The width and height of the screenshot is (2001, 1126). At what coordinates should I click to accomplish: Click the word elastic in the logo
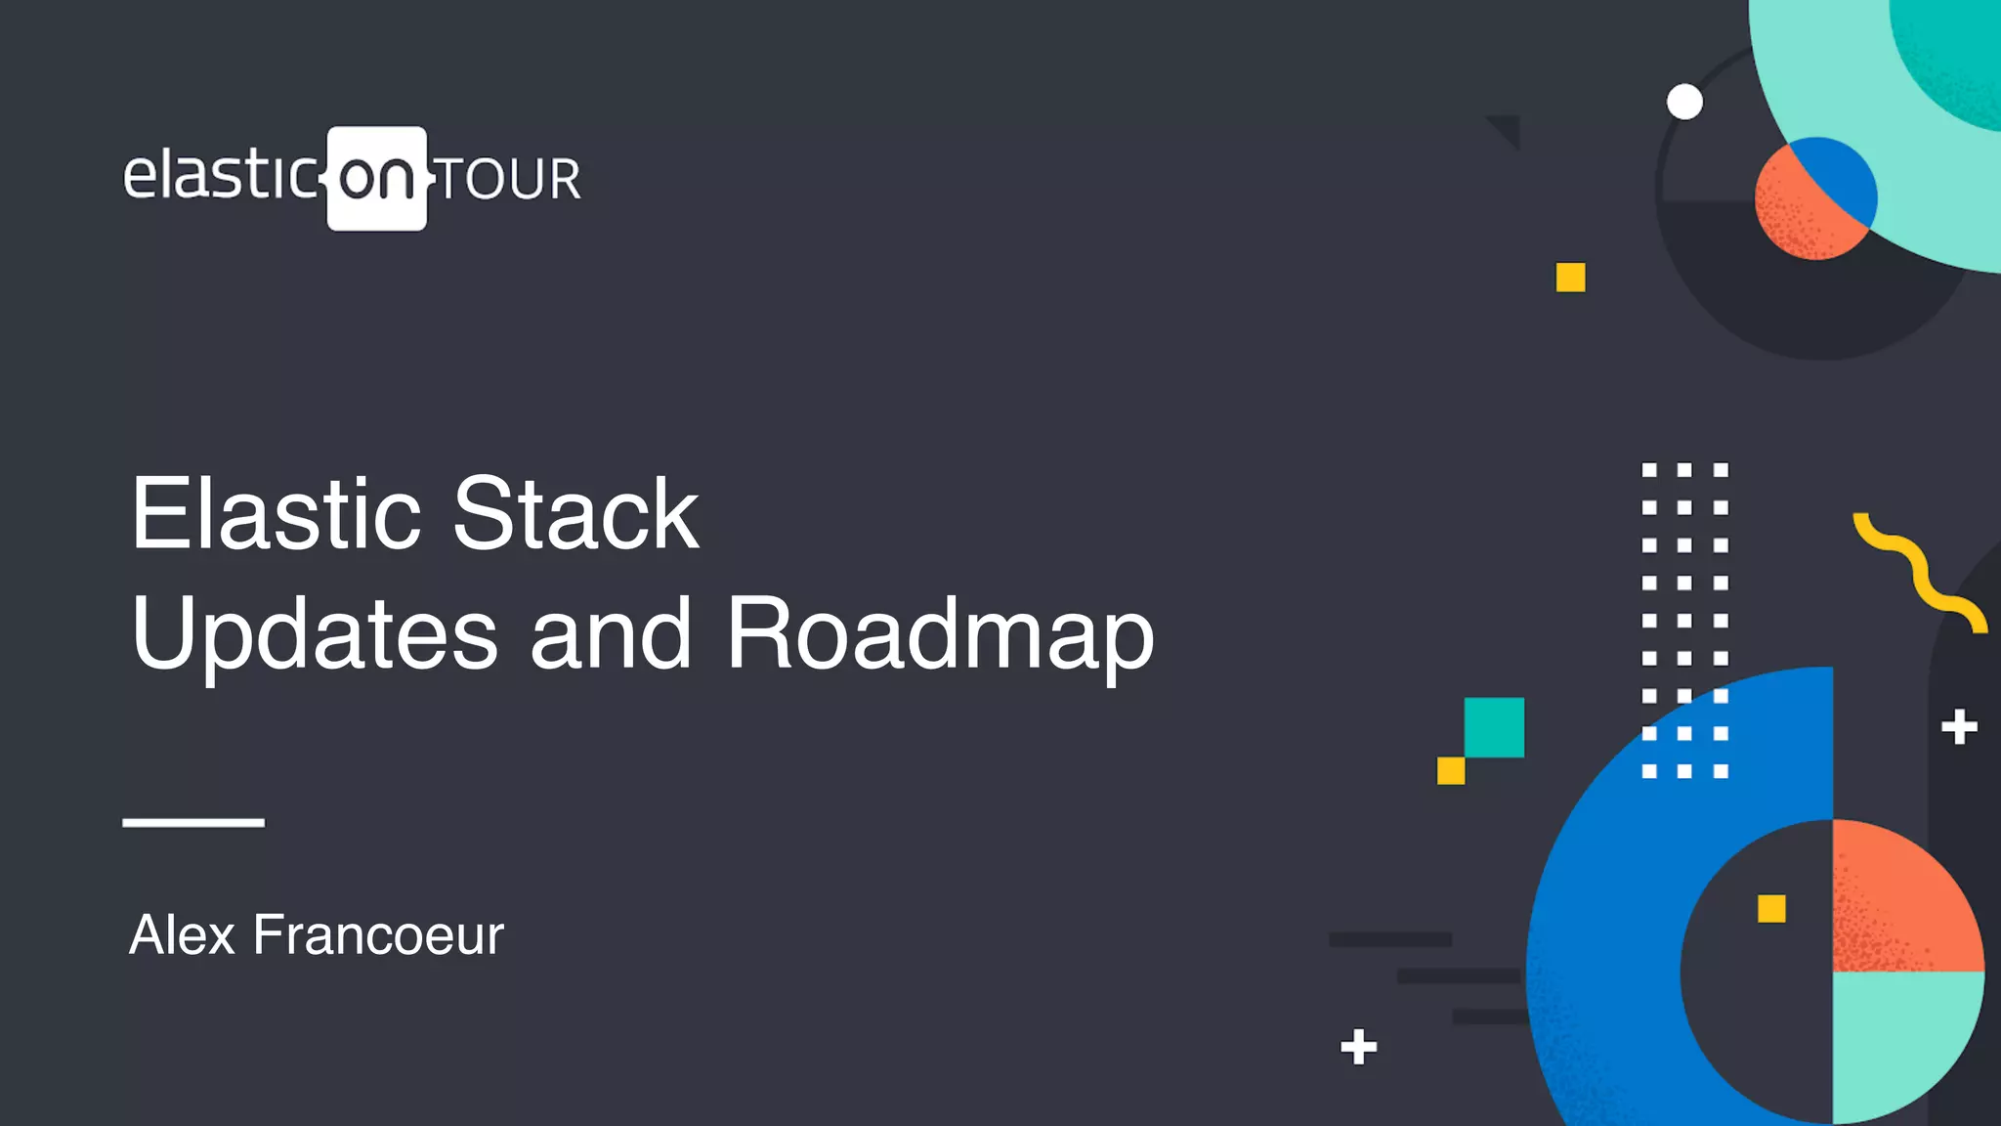pos(220,176)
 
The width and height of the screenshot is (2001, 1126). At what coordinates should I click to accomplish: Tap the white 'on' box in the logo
pos(377,178)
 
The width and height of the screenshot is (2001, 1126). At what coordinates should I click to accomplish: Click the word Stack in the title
pos(575,514)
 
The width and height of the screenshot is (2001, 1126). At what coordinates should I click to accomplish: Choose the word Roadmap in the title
pos(940,635)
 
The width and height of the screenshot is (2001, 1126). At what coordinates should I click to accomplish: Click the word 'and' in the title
pos(611,635)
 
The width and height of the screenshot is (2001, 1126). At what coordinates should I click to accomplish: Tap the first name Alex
pos(183,934)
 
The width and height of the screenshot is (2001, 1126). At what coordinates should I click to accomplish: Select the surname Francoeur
pos(378,934)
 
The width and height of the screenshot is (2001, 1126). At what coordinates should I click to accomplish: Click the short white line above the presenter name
pos(193,822)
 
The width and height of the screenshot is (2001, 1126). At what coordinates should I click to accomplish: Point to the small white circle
pos(1684,102)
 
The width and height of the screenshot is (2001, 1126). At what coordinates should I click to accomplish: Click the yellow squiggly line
pos(1918,572)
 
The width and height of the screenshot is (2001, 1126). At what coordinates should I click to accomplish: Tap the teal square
pos(1494,727)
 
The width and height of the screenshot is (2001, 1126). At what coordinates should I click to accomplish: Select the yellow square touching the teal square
pos(1451,770)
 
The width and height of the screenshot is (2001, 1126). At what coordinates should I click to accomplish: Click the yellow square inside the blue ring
pos(1771,909)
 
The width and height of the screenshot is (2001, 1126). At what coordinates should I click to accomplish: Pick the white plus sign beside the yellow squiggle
pos(1959,727)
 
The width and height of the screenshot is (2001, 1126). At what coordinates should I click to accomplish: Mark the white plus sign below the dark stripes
pos(1358,1047)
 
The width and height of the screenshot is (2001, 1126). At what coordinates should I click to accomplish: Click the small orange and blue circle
pos(1815,199)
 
